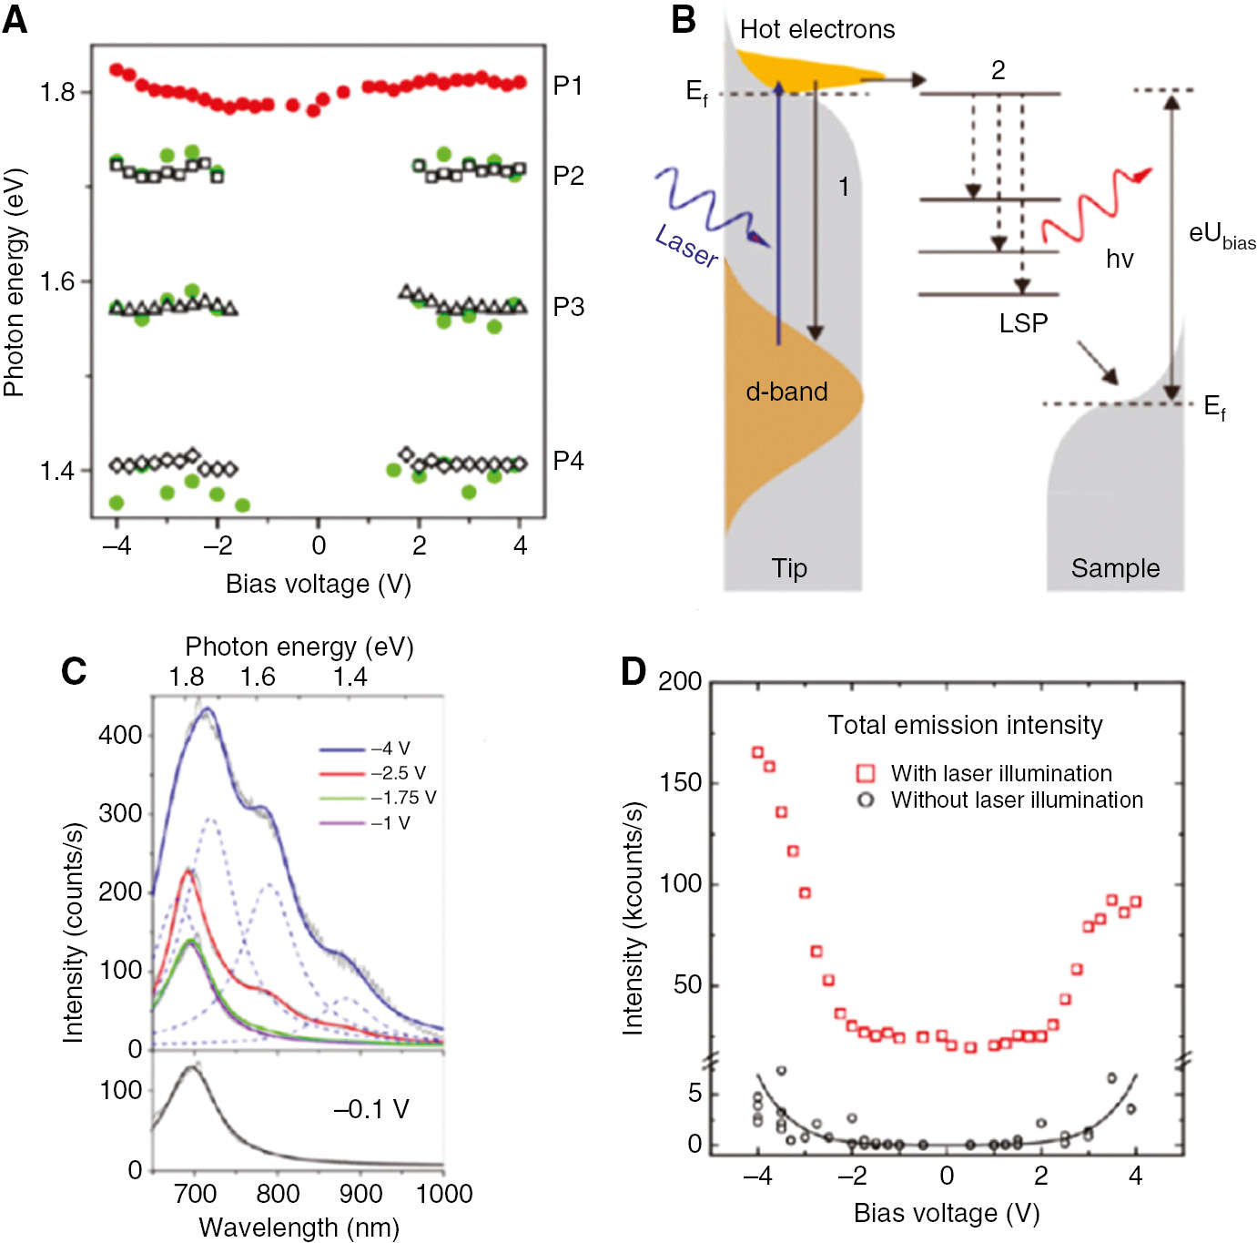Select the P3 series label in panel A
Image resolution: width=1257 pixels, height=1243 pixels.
tap(568, 307)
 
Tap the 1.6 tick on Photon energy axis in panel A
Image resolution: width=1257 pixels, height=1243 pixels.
tap(56, 281)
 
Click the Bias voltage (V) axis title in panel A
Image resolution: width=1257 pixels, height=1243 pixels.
tap(318, 584)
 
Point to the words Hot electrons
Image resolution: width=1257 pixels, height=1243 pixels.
tap(816, 29)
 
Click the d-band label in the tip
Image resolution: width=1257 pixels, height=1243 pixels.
tap(786, 392)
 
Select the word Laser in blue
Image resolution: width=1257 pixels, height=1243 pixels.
tap(685, 246)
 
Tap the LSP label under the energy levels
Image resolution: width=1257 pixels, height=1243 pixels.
tap(1023, 323)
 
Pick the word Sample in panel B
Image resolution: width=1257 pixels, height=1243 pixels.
tap(1115, 568)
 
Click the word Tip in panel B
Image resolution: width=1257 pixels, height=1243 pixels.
tap(789, 568)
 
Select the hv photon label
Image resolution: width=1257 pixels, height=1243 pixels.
tap(1120, 260)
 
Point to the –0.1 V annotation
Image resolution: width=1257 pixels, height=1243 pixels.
tap(370, 1108)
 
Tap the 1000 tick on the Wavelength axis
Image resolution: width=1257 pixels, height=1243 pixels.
tap(443, 1194)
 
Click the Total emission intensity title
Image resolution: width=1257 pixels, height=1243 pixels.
tap(965, 725)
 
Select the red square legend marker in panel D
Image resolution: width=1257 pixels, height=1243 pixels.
tap(866, 773)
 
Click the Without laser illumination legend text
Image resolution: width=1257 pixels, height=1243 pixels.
tap(1017, 800)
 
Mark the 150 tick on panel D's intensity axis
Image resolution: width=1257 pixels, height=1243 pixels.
tap(680, 783)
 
